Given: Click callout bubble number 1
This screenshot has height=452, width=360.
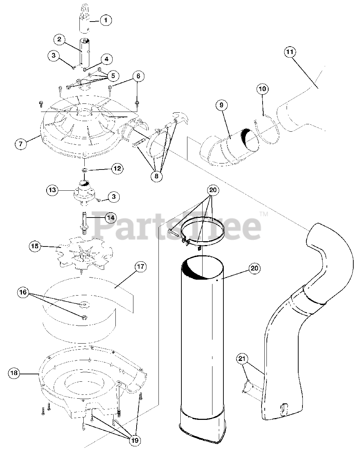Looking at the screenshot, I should (105, 20).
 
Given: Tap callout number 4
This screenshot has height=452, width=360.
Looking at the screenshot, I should (107, 59).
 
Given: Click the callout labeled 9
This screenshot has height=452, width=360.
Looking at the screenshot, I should (221, 105).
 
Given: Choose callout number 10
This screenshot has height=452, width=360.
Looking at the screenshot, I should (262, 89).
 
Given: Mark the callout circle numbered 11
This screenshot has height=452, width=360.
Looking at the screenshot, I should (290, 52).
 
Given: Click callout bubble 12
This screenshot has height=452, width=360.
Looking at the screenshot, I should (117, 168).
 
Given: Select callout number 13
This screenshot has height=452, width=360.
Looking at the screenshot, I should (52, 190).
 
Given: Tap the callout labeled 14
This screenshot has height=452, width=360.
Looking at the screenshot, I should (110, 218).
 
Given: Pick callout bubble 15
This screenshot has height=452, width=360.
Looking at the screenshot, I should (35, 246).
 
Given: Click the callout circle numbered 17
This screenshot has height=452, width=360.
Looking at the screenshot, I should (140, 267).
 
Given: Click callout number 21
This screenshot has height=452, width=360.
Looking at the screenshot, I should (242, 359).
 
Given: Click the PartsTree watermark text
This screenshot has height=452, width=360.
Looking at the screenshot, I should (176, 225).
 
